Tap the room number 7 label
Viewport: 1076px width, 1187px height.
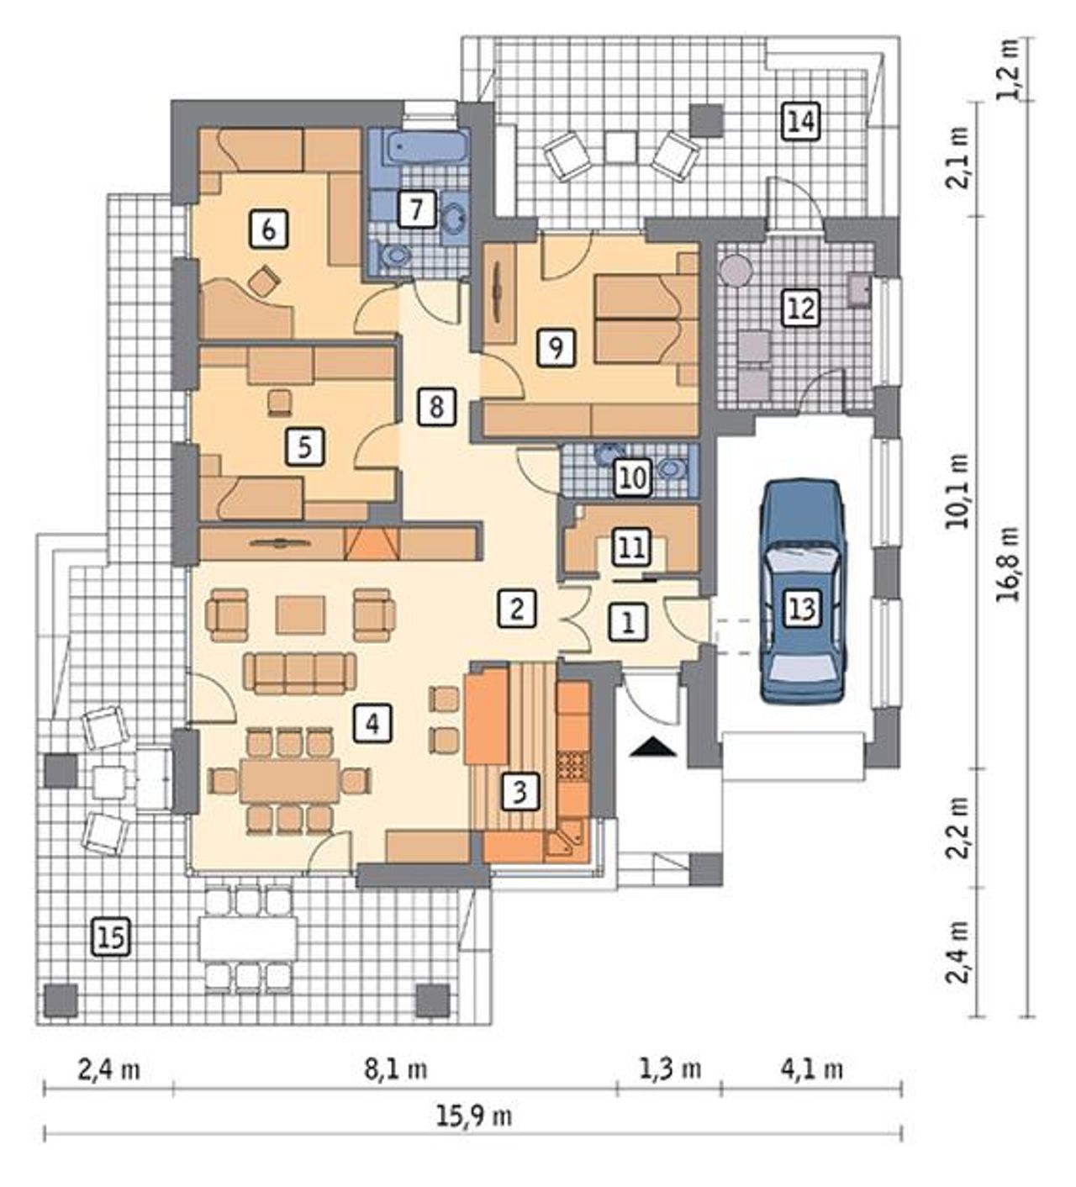click(417, 208)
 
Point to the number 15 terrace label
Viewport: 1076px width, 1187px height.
click(112, 938)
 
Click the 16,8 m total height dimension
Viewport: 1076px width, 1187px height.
click(1009, 564)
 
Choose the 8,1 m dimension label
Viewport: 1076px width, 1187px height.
click(395, 1070)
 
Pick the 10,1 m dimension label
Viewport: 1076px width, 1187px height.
click(959, 491)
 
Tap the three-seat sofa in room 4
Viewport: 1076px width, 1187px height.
click(300, 673)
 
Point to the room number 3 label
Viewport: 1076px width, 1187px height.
click(520, 792)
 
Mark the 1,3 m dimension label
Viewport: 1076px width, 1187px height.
click(670, 1070)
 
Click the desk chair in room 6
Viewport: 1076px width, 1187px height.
click(263, 281)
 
